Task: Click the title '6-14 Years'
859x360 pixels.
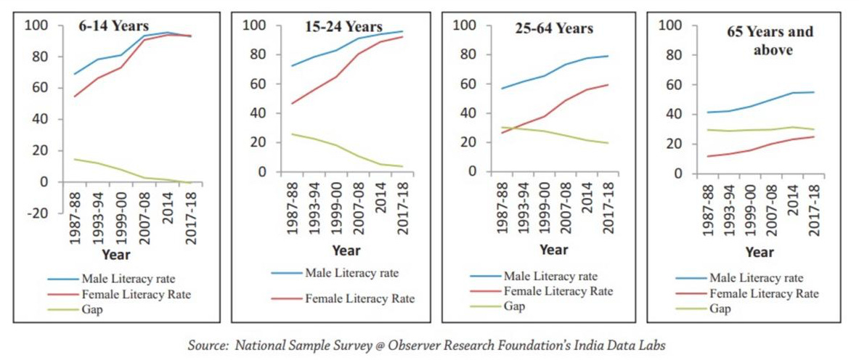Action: (x=114, y=27)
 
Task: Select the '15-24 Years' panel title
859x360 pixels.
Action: (x=343, y=27)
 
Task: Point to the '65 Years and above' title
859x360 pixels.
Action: (x=770, y=41)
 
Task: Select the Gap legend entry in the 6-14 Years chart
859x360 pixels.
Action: (x=91, y=310)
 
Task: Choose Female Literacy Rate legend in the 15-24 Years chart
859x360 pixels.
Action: (x=359, y=298)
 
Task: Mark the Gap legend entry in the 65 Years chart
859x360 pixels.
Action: (x=720, y=308)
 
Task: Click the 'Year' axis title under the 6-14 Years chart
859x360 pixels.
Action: (x=116, y=255)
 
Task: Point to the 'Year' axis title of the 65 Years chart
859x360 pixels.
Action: (x=760, y=253)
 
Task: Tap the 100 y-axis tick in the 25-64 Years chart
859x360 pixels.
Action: (x=463, y=25)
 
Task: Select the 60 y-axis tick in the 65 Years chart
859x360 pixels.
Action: (x=672, y=85)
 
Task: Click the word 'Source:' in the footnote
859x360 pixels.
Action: (x=208, y=346)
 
